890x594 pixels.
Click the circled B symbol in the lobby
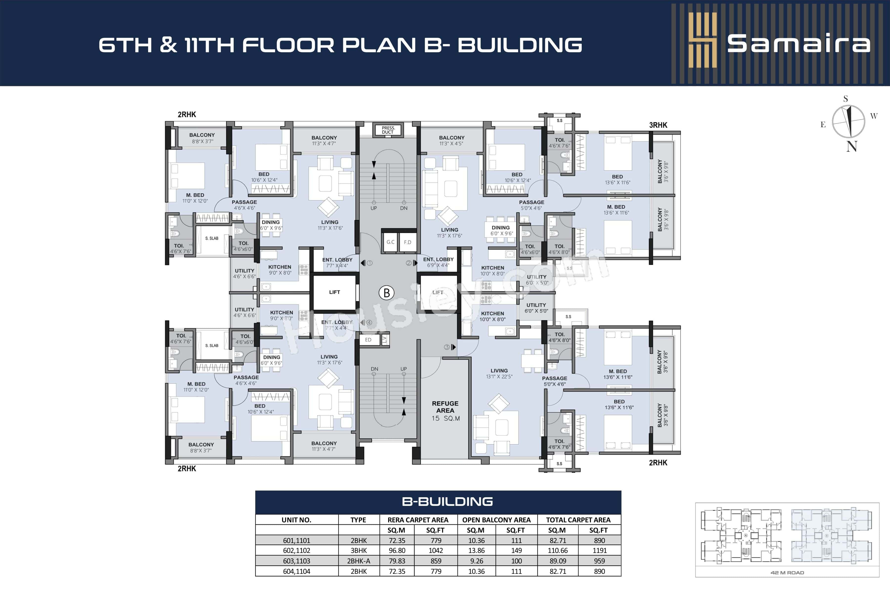click(x=386, y=293)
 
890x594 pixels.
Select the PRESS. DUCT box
click(x=388, y=130)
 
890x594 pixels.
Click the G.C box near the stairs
click(x=390, y=242)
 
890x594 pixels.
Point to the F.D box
click(x=407, y=242)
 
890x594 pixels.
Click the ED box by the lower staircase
click(x=368, y=340)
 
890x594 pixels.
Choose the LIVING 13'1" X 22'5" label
click(x=499, y=373)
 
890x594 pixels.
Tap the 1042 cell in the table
click(x=436, y=550)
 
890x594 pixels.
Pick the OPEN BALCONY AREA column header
click(x=496, y=520)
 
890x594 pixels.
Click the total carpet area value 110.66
click(x=557, y=550)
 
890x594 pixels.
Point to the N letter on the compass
click(x=851, y=146)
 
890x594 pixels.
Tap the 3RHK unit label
click(x=658, y=125)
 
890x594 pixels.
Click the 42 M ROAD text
click(x=787, y=573)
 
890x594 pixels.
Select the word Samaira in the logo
click(x=799, y=44)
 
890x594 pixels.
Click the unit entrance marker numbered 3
click(x=447, y=347)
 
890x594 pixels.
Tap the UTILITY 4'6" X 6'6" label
click(x=245, y=273)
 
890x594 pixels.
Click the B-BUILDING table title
click(x=447, y=502)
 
